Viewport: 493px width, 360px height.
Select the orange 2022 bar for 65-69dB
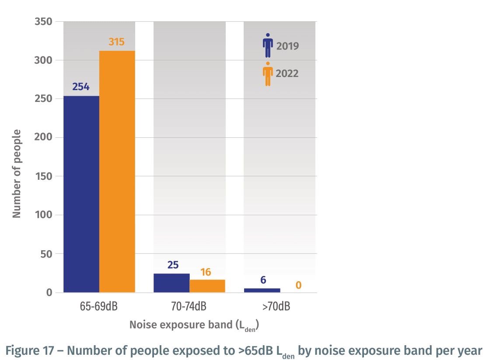point(117,171)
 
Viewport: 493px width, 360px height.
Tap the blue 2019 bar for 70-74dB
point(171,283)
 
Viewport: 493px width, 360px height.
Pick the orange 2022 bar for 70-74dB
point(207,286)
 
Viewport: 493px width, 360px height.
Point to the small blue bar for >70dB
point(262,290)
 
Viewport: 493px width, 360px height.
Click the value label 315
point(117,42)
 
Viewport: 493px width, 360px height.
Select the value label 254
point(81,87)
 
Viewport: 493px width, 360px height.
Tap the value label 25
point(173,265)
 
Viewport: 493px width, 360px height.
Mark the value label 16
point(206,272)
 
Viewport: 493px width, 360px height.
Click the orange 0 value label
point(298,285)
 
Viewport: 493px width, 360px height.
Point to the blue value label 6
point(263,280)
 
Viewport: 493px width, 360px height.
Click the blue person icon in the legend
point(268,46)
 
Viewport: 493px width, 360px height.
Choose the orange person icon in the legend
point(268,73)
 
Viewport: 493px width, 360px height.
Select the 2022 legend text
point(287,73)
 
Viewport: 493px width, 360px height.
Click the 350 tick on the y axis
point(43,21)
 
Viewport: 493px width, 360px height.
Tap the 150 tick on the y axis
point(43,176)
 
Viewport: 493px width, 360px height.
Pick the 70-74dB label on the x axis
point(189,307)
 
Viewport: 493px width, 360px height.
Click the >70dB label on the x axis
point(276,307)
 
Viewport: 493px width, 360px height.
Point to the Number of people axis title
point(17,173)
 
